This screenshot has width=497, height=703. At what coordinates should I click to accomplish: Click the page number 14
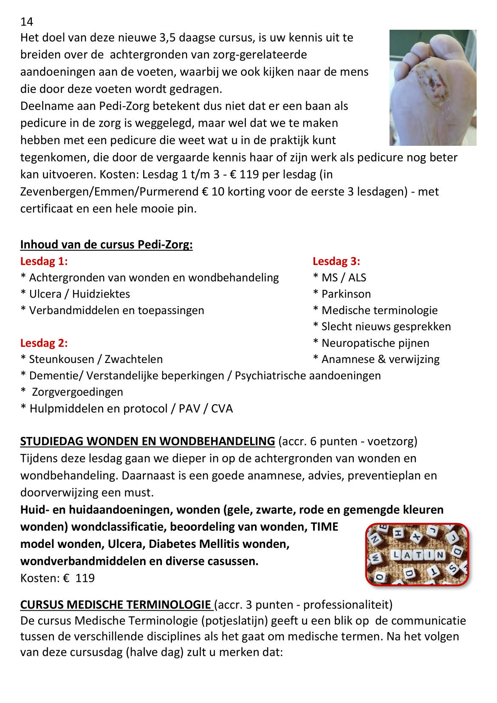click(27, 22)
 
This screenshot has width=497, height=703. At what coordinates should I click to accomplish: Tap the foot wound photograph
click(432, 88)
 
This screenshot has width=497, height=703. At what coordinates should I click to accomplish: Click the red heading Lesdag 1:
click(44, 261)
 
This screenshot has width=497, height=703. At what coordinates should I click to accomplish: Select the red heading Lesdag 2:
click(44, 343)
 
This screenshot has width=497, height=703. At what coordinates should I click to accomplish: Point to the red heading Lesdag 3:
click(336, 261)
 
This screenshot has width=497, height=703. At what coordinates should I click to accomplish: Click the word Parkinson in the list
click(346, 294)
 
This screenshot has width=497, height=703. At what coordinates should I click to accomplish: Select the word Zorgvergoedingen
click(77, 392)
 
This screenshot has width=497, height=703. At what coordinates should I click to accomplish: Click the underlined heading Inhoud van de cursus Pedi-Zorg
click(106, 245)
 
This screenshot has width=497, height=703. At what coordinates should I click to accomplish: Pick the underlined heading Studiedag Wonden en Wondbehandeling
click(147, 441)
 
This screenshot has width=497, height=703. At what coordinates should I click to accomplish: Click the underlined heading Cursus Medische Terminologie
click(116, 604)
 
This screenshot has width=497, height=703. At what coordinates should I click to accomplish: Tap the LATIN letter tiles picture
click(417, 554)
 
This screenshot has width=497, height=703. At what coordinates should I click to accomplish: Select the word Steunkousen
click(62, 359)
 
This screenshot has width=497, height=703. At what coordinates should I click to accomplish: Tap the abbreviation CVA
click(222, 408)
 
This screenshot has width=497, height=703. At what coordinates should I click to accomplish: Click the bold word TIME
click(325, 527)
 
